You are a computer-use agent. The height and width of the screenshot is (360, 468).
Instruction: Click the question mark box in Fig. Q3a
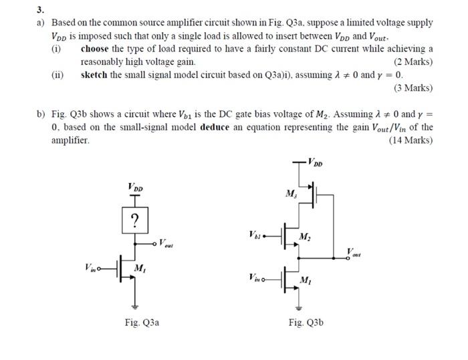136,220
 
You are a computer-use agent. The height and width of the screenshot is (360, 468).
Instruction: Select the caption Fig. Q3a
141,323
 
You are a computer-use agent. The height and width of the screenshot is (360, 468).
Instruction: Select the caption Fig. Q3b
306,323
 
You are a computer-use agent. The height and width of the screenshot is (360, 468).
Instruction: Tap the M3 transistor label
291,194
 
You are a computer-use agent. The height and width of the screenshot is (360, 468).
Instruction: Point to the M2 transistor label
305,236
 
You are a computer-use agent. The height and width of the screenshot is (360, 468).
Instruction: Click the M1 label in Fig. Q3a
140,268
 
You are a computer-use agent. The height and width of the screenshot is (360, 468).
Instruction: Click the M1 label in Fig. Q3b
305,279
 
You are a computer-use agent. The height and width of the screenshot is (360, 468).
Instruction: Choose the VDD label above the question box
135,188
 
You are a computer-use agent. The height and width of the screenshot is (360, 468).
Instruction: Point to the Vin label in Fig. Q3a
92,268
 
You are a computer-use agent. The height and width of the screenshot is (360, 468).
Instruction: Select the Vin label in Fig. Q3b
255,277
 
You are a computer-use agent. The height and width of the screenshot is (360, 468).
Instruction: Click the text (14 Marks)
411,140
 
